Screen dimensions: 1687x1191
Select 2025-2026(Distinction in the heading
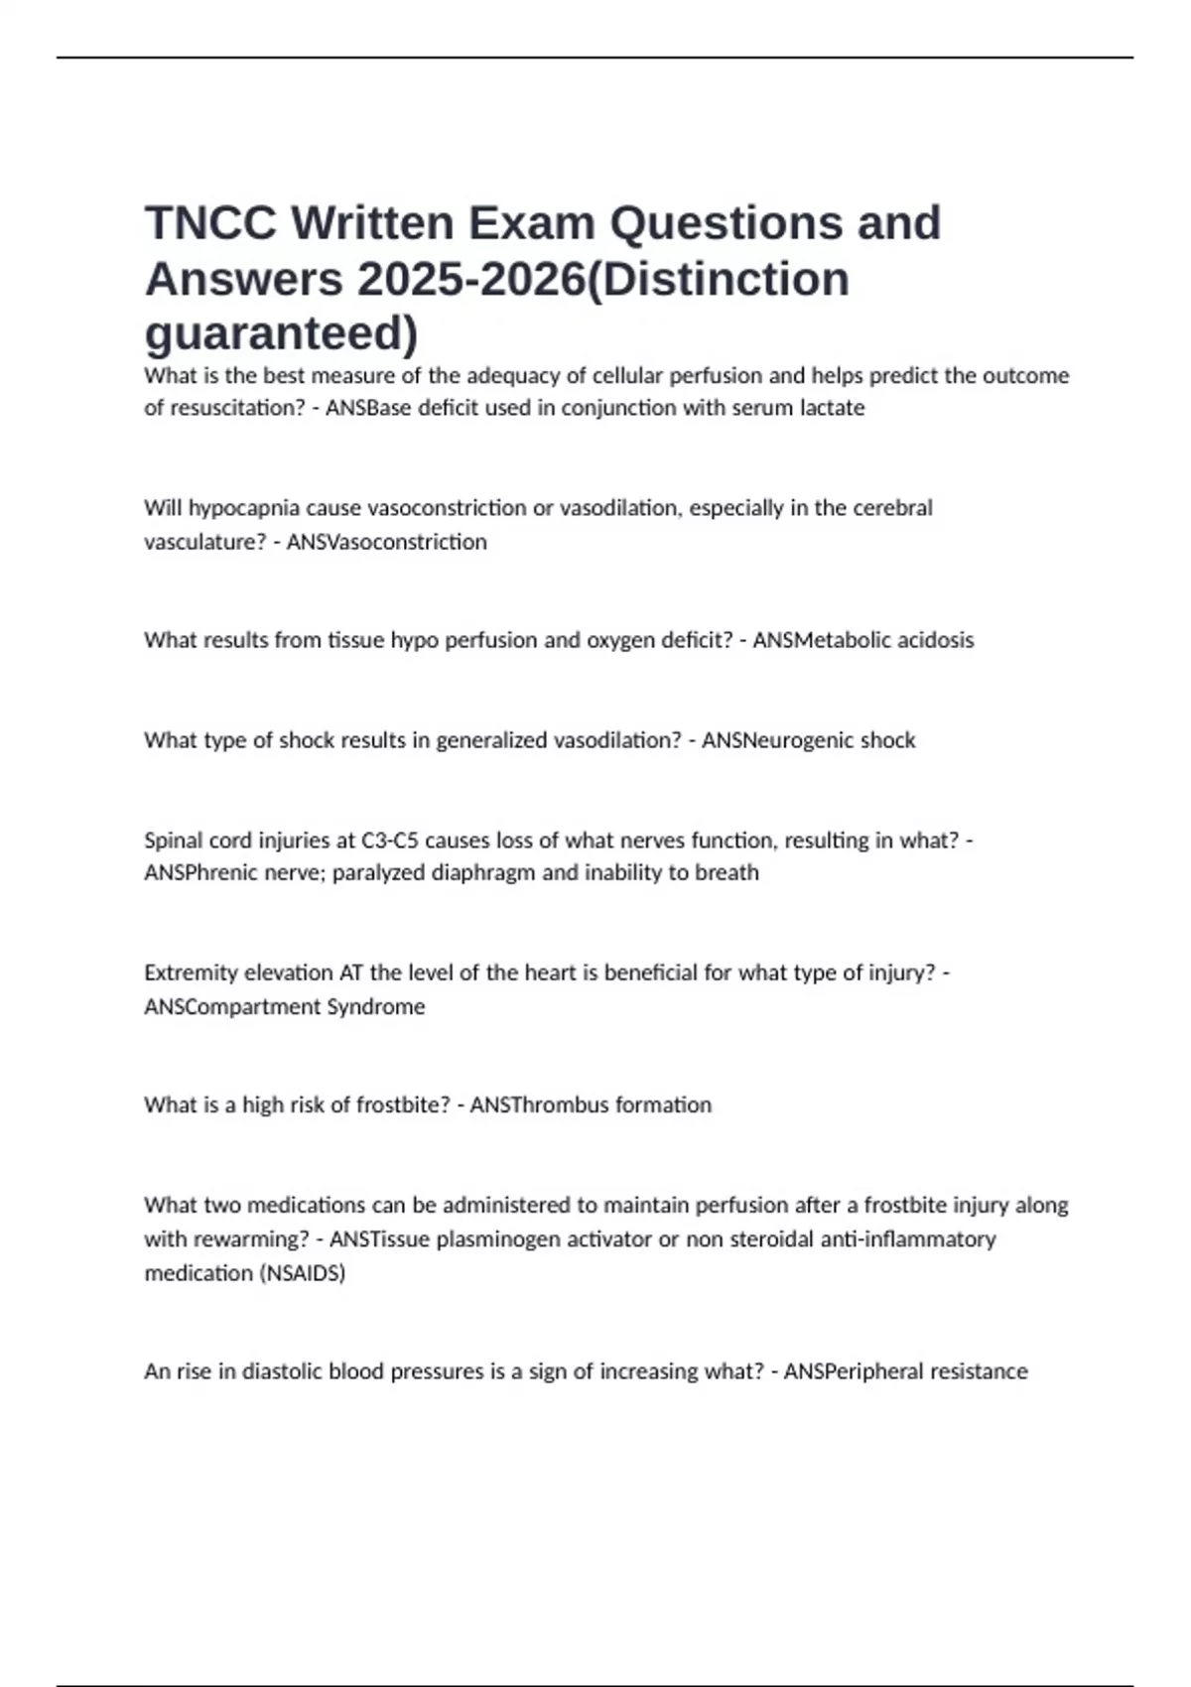(602, 279)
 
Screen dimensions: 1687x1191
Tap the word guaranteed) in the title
(282, 333)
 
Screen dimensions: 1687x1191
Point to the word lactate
(832, 408)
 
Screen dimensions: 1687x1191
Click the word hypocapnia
(244, 508)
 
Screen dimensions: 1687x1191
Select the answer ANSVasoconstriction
(386, 542)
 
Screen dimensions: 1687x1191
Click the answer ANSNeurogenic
(777, 740)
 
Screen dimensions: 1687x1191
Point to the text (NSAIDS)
(302, 1273)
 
